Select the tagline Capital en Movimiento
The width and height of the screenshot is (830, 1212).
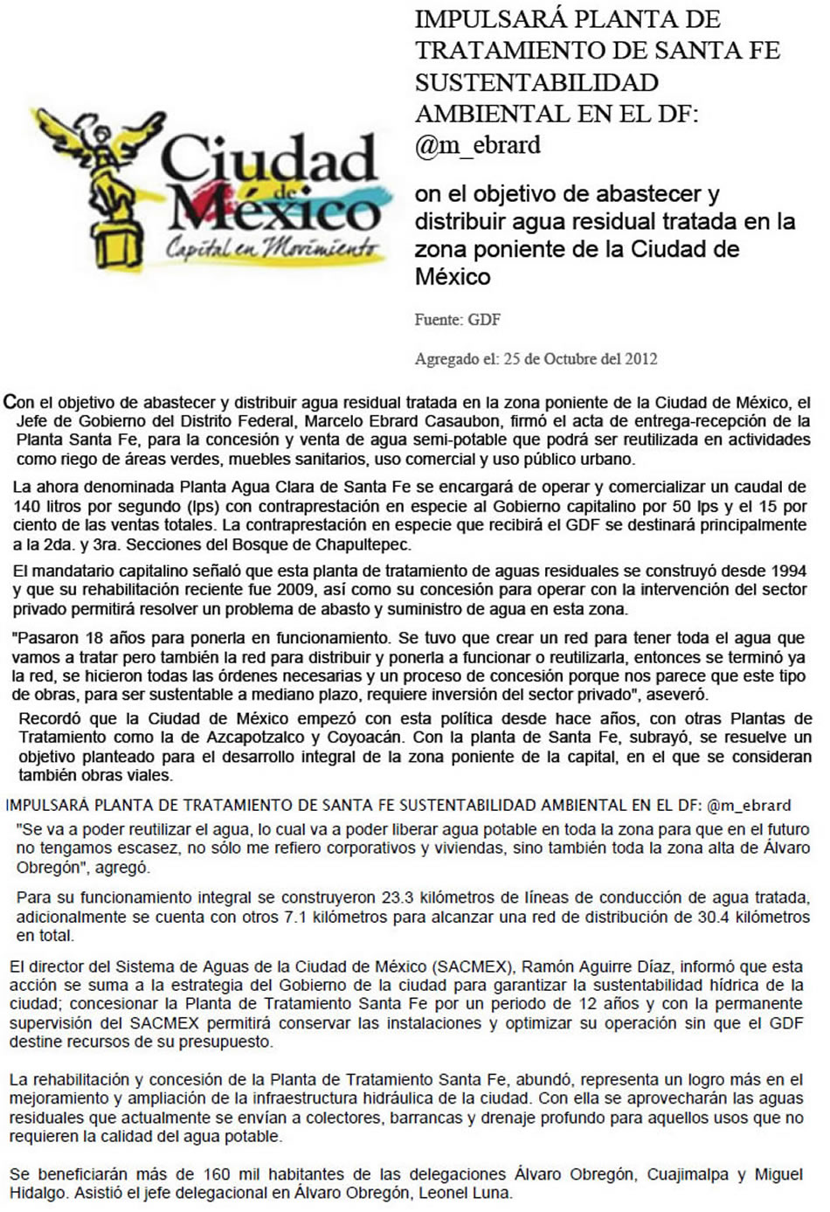[x=273, y=248]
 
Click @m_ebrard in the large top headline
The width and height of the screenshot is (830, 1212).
[x=478, y=145]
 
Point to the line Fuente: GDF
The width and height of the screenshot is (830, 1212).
[x=457, y=320]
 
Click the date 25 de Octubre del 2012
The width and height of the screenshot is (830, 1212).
[x=580, y=358]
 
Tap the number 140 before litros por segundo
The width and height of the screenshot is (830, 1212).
[x=26, y=506]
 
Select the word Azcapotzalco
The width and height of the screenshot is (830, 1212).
[x=257, y=737]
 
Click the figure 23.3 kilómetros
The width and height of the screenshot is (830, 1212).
[x=397, y=897]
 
